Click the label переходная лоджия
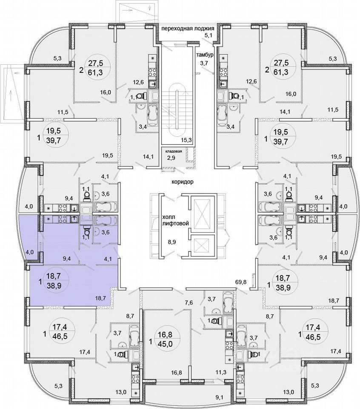(190, 29)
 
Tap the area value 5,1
(209, 36)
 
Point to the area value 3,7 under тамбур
(204, 63)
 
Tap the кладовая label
(174, 151)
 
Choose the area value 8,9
(172, 242)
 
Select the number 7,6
(189, 303)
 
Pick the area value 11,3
(220, 372)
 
